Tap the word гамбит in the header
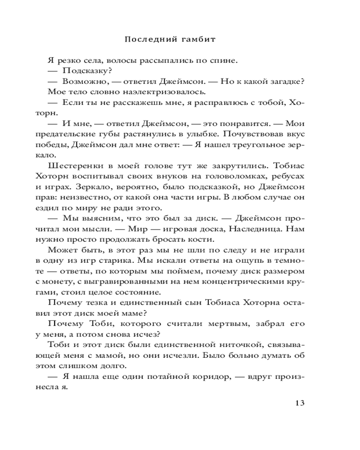198,39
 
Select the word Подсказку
87,71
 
